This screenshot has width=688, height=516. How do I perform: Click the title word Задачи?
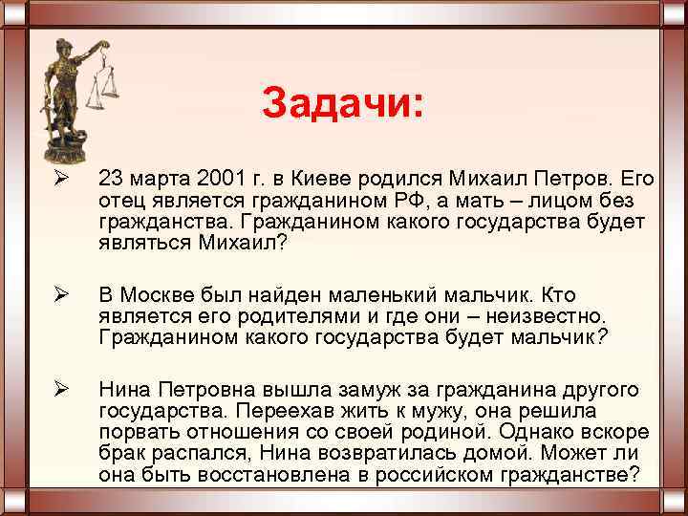(339, 103)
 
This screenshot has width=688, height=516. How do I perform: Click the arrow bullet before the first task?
(59, 180)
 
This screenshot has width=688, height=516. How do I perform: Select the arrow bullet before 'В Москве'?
(59, 297)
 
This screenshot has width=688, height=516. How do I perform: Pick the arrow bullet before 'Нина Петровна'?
(59, 390)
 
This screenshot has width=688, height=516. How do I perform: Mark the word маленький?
(389, 297)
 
